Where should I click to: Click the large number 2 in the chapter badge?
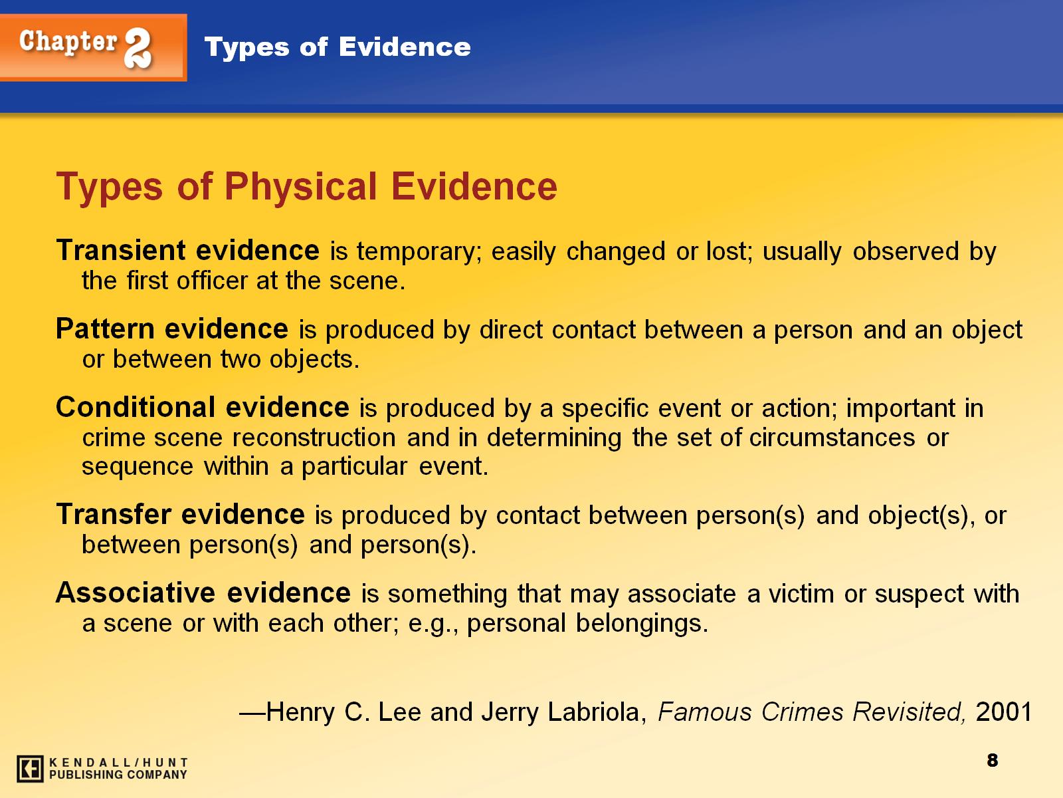click(x=138, y=47)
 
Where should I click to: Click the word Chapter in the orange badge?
click(x=68, y=42)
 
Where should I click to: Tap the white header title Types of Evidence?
click(x=338, y=47)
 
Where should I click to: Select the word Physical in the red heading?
click(x=300, y=186)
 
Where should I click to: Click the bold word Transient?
click(x=121, y=250)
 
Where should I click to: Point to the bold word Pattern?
click(x=105, y=329)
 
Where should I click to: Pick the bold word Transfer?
click(x=114, y=514)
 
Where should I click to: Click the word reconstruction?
click(x=314, y=438)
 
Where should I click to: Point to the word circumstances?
click(x=832, y=438)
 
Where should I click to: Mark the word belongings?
click(x=642, y=624)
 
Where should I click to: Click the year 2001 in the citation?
click(x=1003, y=712)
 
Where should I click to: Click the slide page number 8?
click(x=993, y=761)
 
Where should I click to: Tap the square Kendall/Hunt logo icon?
click(x=30, y=769)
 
